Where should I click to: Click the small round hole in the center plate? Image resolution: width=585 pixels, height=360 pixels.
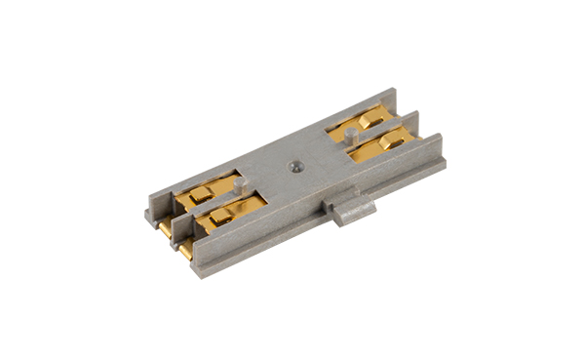tap(292, 166)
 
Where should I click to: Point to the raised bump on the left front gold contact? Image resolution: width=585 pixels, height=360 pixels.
tap(221, 217)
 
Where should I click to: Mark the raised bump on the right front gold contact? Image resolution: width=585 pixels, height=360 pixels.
tap(392, 143)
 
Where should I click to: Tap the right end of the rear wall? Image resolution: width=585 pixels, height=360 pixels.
tap(391, 95)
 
